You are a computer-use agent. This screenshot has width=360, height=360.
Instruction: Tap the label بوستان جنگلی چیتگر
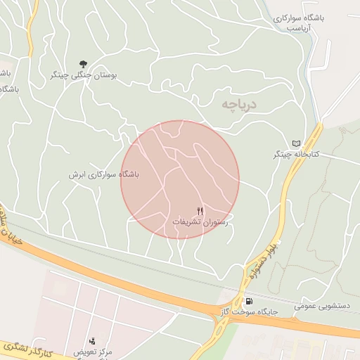[84, 74]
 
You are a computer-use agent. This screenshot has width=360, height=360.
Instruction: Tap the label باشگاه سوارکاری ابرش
[103, 174]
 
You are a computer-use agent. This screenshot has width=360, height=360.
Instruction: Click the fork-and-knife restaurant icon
[200, 211]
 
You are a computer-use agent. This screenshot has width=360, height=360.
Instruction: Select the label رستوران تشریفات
[201, 221]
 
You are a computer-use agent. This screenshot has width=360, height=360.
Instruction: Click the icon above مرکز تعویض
[92, 340]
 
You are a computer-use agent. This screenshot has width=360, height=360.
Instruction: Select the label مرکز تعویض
[93, 350]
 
